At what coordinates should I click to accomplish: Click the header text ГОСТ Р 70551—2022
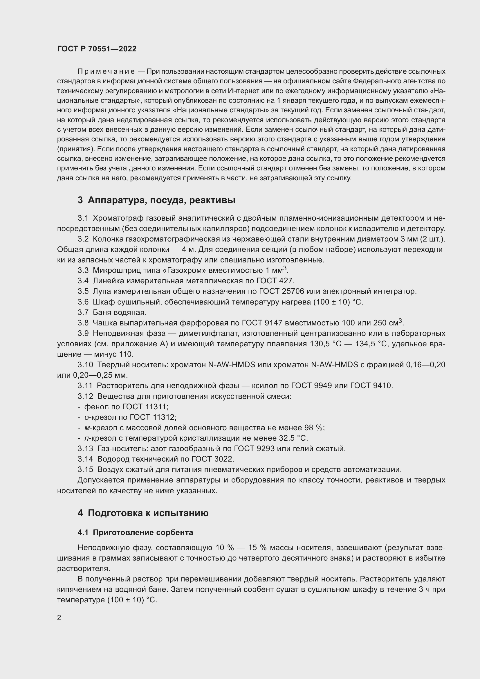coord(97,49)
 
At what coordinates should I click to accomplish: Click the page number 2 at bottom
coord(59,617)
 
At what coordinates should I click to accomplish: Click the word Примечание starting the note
coord(106,72)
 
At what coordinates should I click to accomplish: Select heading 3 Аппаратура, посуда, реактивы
coord(156,200)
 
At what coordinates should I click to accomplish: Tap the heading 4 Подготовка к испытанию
coord(143,513)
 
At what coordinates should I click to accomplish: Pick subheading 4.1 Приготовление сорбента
coord(135,532)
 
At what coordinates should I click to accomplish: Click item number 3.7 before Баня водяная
coord(83,312)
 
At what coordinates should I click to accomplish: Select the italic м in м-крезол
coord(86,428)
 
